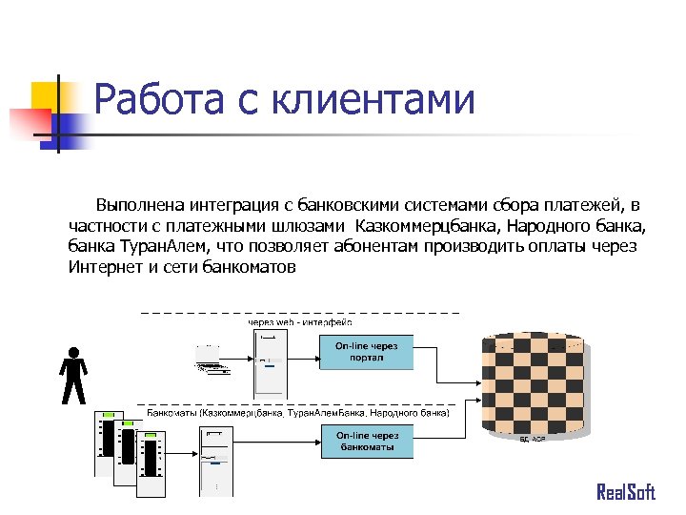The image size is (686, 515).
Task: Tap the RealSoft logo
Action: coord(626,492)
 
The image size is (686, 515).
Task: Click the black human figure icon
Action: coord(73,376)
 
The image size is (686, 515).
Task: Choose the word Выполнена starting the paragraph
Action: coord(138,206)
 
